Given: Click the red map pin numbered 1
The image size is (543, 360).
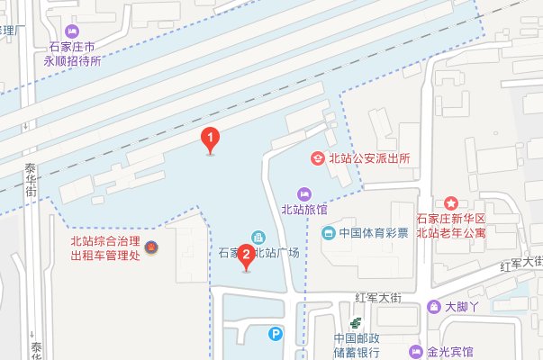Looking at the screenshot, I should (x=210, y=139).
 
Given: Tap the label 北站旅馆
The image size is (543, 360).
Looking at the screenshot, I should (x=304, y=210).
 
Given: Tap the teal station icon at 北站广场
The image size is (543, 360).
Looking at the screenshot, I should (x=258, y=237).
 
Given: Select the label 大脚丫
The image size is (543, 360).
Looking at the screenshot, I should (x=466, y=307).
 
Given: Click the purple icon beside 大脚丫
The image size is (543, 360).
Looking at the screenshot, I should (x=436, y=307).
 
